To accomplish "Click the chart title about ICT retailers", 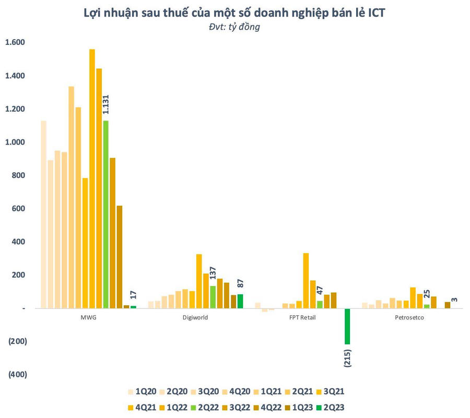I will (x=234, y=13).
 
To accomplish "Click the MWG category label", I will (x=89, y=317).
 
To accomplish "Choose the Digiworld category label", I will (x=196, y=317).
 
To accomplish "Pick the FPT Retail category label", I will (x=303, y=317).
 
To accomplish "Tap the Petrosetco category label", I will (x=410, y=317).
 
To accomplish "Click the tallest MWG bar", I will (x=92, y=177).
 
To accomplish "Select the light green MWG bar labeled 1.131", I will (x=106, y=214).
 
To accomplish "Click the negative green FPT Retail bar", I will (x=347, y=326).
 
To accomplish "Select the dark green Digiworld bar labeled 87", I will (x=240, y=301).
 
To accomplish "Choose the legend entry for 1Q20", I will (x=140, y=391).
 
